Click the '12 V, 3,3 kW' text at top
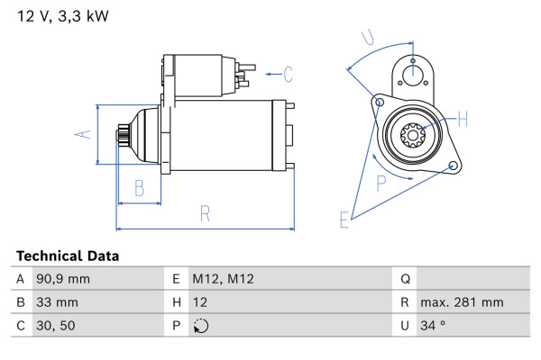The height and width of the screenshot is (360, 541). click(x=63, y=16)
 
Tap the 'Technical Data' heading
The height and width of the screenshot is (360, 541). click(x=68, y=256)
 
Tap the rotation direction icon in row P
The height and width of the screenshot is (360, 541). click(x=201, y=326)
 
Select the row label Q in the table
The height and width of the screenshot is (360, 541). click(x=406, y=279)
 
